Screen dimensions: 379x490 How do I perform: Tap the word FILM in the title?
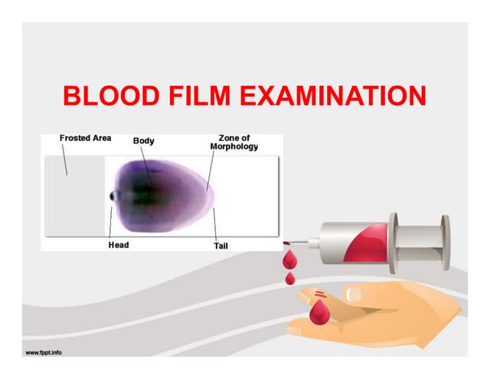click(201, 97)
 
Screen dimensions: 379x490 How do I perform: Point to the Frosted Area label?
click(85, 139)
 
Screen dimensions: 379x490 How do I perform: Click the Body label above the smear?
click(144, 141)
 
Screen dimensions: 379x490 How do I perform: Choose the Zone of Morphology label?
click(234, 142)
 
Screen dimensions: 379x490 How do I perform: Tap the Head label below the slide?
click(118, 245)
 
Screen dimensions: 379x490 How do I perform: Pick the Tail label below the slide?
click(220, 246)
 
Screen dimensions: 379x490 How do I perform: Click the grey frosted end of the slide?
click(74, 195)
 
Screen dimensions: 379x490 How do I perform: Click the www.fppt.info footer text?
click(44, 353)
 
